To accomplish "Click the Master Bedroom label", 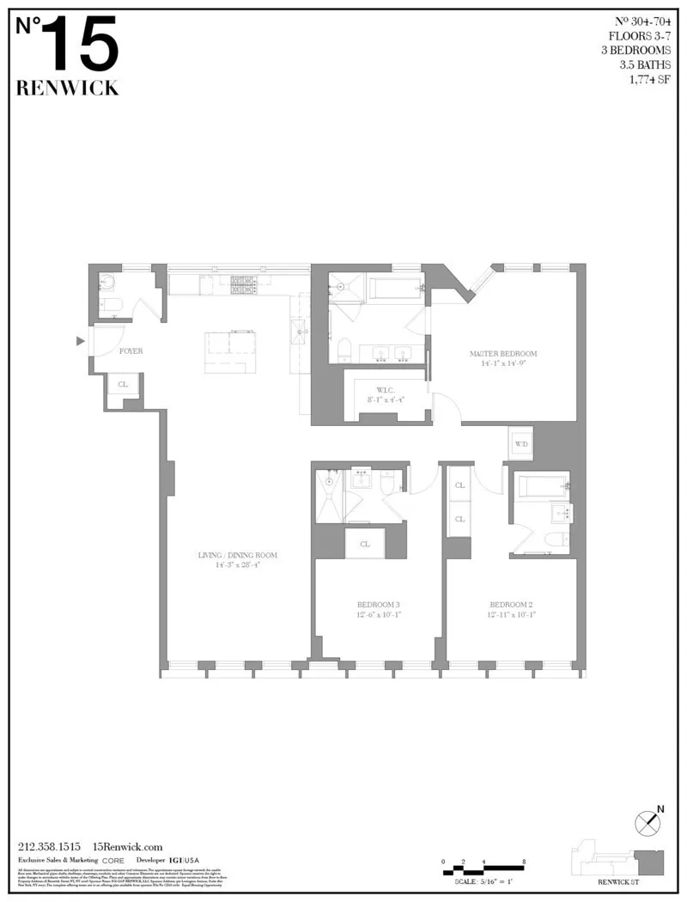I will (503, 354).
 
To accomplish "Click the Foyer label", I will (131, 351).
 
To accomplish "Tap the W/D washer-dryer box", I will (521, 443).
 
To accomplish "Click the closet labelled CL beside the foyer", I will (123, 385).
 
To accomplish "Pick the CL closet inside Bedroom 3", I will (365, 544).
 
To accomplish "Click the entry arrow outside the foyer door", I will (81, 342).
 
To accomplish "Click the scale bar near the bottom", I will (483, 867).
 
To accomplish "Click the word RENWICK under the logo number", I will (68, 88).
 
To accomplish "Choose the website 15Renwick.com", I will (127, 846).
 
